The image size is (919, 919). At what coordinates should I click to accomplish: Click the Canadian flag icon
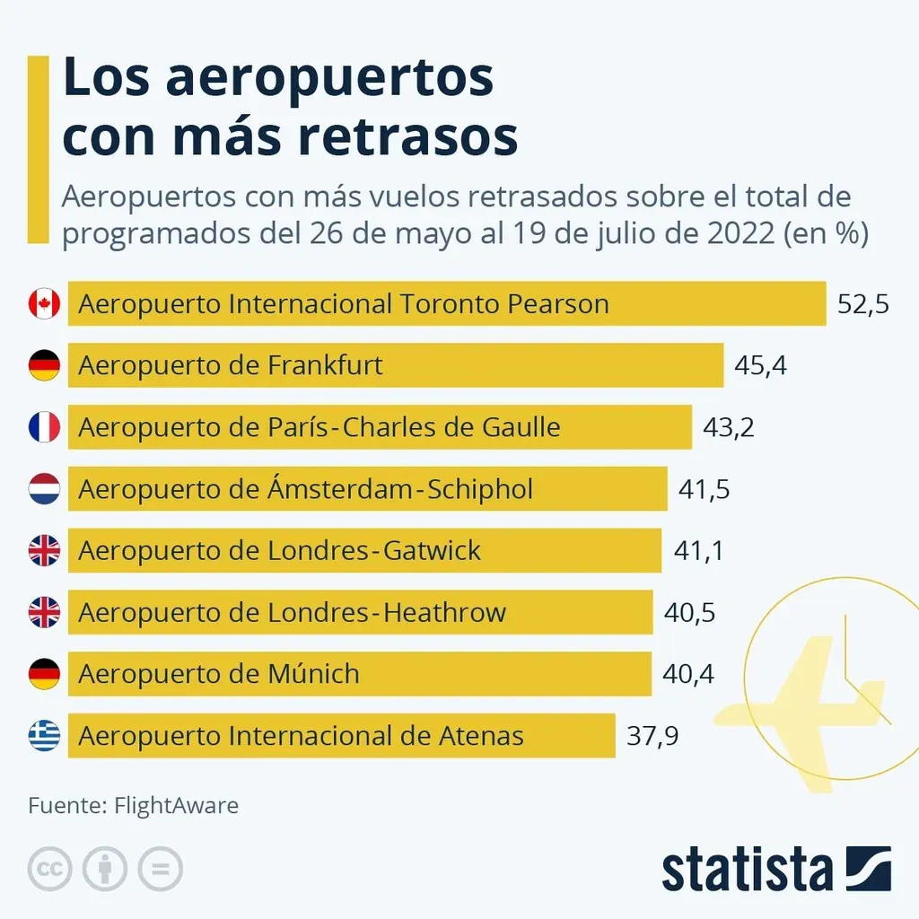tap(44, 304)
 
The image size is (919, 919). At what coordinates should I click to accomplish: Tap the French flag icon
tap(44, 427)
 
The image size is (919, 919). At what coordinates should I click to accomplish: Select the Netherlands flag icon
tap(44, 489)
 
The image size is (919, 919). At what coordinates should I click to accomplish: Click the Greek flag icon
tap(44, 737)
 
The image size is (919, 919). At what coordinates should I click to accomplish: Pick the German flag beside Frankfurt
tap(44, 366)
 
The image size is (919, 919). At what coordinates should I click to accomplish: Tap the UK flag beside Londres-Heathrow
tap(44, 613)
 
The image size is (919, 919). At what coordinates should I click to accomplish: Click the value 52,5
tap(862, 304)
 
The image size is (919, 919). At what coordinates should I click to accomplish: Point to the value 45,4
tap(760, 366)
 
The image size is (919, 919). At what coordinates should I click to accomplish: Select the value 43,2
tap(728, 427)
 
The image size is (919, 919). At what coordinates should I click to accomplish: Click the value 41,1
tap(697, 551)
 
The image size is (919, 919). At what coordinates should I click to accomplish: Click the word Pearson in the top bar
tap(558, 304)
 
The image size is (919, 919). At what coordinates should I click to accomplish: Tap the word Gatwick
tap(432, 551)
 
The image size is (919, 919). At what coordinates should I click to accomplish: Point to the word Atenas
tap(481, 737)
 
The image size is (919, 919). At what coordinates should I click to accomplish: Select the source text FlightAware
tap(176, 805)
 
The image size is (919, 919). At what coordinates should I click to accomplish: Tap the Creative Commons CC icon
tap(50, 869)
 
